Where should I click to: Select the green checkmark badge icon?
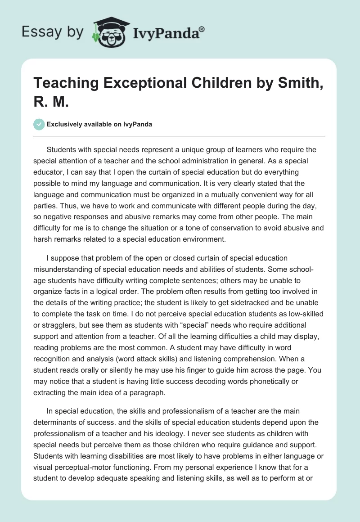click(39, 124)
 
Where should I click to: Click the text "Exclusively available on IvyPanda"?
click(99, 125)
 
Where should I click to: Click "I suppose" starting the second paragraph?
click(62, 258)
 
